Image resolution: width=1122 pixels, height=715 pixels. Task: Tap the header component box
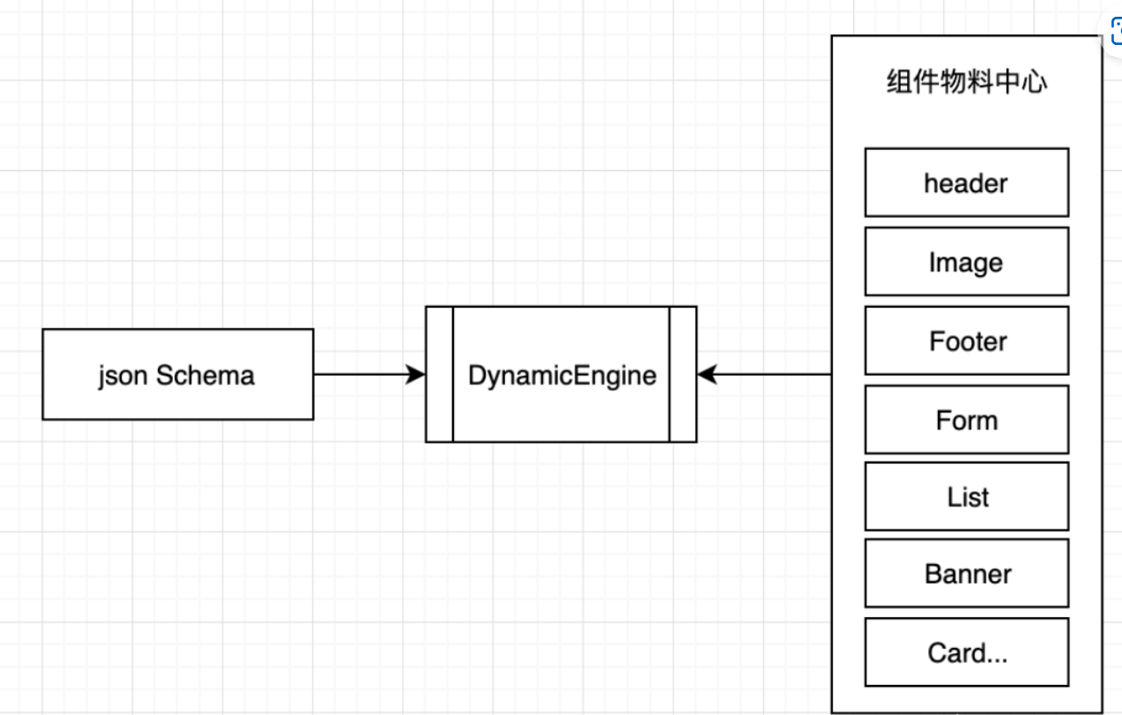pos(966,182)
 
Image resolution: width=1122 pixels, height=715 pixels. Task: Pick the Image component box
pos(966,262)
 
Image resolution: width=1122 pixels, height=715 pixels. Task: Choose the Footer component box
pos(966,340)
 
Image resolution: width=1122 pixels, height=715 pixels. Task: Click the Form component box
pos(966,420)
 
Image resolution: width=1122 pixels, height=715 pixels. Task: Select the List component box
pos(966,496)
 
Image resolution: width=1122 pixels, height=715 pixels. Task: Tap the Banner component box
pos(966,574)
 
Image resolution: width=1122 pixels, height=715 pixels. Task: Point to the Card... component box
pos(966,652)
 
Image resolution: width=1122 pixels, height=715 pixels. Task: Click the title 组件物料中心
pos(966,83)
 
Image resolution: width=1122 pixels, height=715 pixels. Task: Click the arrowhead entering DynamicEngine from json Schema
pos(416,375)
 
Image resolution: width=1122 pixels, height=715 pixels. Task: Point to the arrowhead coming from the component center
pos(707,375)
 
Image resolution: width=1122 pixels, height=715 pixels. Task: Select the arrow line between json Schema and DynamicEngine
pos(361,375)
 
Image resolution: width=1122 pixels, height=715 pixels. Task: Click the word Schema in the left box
pos(205,376)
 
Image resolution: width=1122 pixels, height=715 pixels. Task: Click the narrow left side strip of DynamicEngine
pos(439,375)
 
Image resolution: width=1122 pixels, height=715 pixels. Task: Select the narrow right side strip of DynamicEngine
pos(683,375)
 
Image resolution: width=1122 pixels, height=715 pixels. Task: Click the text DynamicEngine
pos(561,376)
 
